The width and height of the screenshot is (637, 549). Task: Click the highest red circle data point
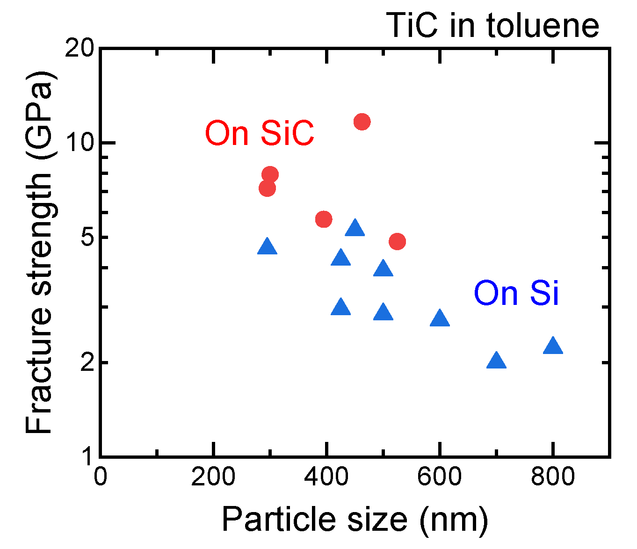[362, 122]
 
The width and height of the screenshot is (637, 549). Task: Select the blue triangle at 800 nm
[553, 346]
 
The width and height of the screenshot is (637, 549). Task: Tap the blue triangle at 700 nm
[496, 361]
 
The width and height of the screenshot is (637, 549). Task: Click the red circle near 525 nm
[397, 242]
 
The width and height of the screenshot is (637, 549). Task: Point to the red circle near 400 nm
[324, 219]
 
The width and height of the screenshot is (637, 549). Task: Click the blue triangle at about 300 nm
[267, 246]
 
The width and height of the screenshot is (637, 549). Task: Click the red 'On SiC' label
[260, 133]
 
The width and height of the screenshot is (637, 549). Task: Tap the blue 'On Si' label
[516, 294]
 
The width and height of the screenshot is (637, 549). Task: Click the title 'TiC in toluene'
[493, 26]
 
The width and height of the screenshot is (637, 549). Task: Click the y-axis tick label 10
[80, 143]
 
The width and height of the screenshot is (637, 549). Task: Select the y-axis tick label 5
[87, 238]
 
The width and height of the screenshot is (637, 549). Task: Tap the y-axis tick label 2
[87, 363]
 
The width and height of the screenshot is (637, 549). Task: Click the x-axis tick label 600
[439, 477]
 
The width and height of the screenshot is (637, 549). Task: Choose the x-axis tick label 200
[213, 477]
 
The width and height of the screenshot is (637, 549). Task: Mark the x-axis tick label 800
[553, 477]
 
